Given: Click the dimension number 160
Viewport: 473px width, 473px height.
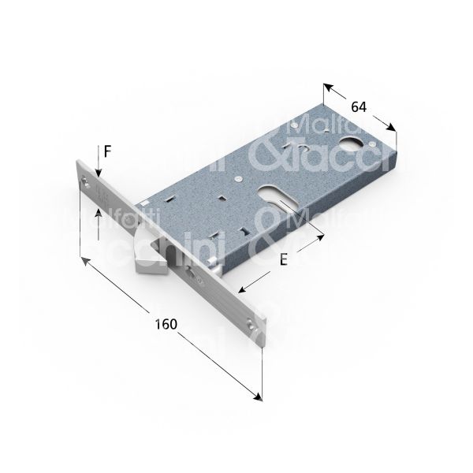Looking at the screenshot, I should pos(165,324).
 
